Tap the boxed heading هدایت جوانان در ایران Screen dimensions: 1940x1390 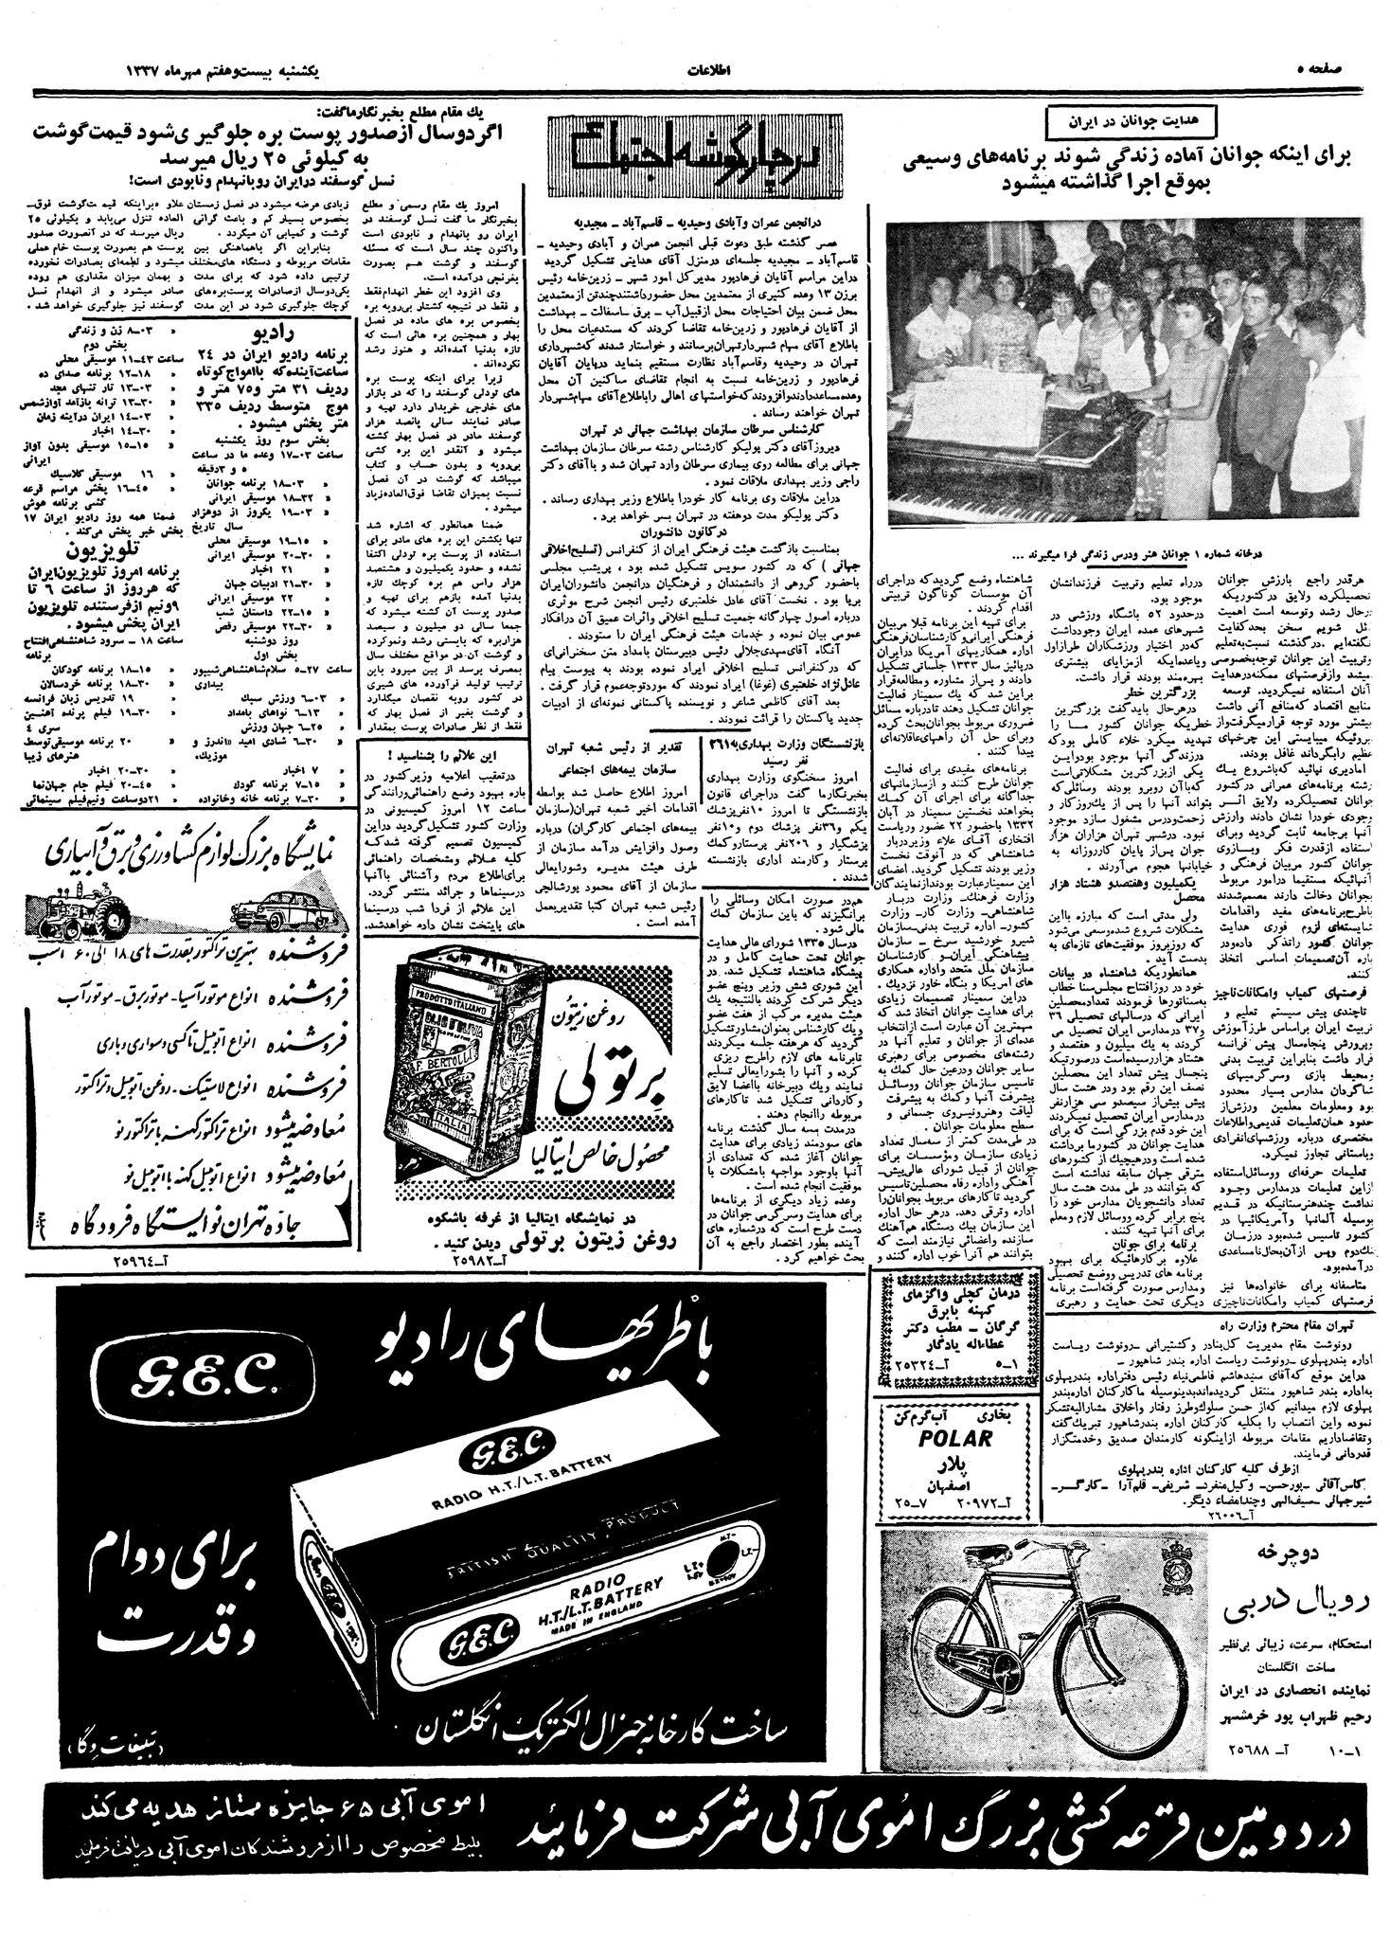(x=1119, y=121)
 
